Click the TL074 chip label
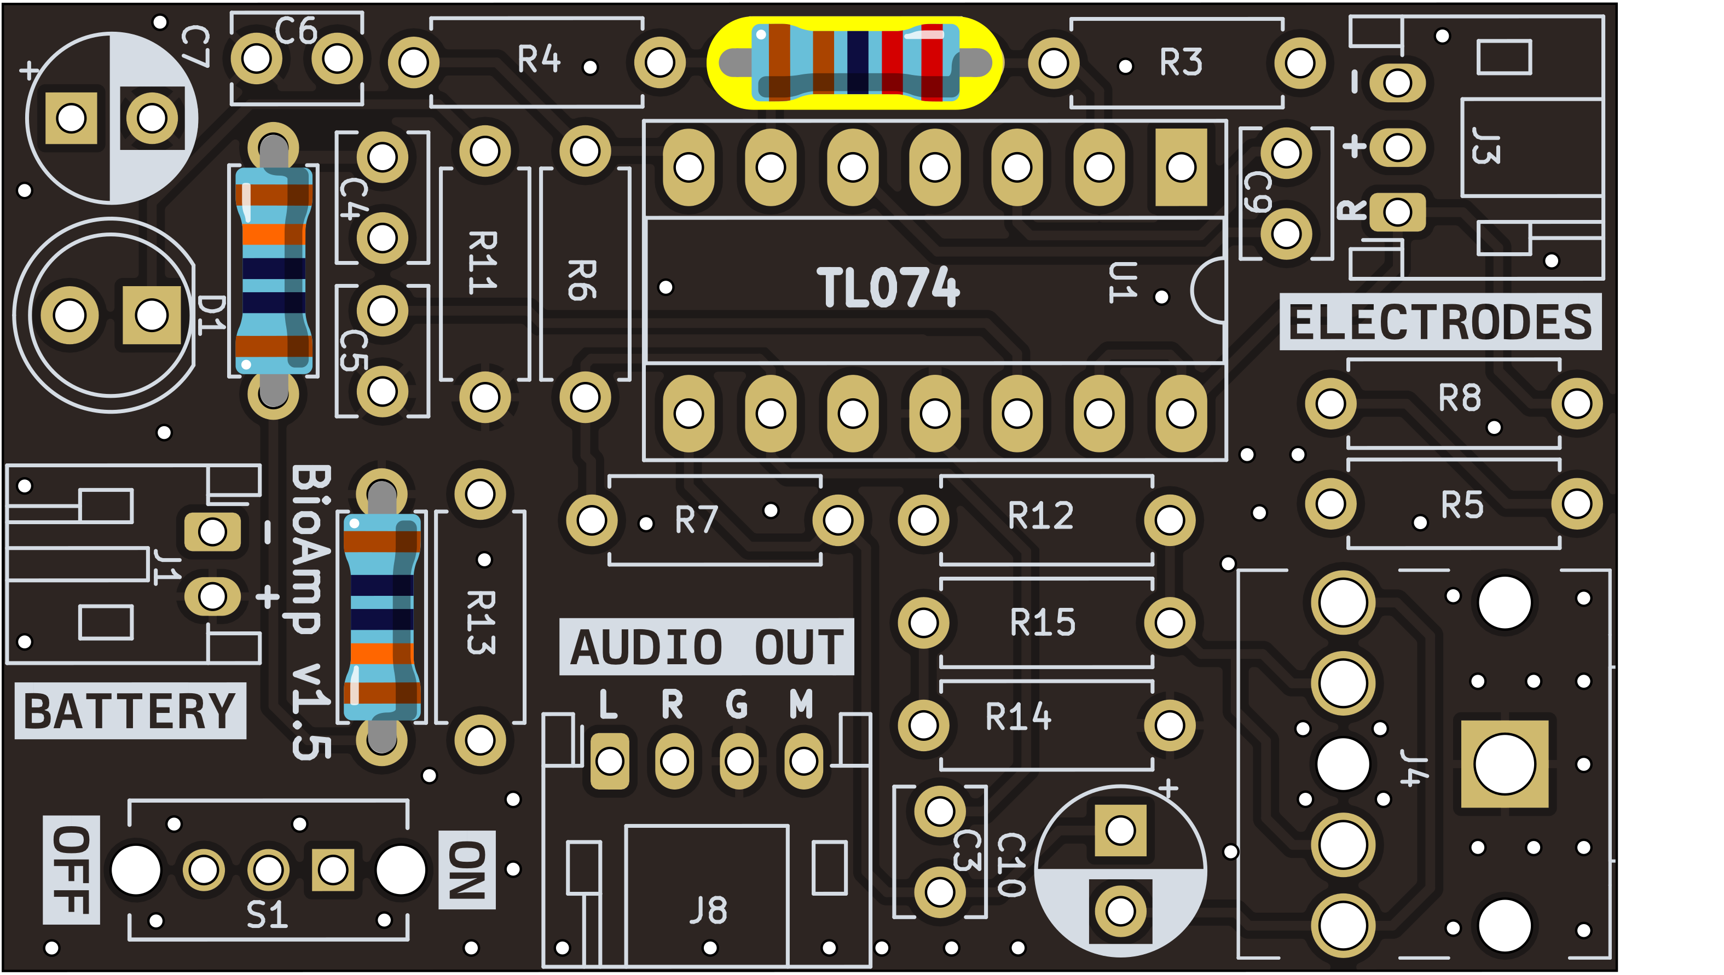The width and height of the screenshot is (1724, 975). [888, 288]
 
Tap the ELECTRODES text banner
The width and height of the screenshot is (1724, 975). [1440, 322]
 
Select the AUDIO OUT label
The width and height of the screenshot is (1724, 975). [706, 648]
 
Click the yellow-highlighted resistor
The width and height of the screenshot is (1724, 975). [855, 63]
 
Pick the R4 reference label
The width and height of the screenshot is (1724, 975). [539, 60]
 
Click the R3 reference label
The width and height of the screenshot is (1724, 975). [1181, 63]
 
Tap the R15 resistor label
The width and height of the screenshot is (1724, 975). [1042, 623]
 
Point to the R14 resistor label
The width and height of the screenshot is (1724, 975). [1018, 717]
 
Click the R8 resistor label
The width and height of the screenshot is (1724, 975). [1460, 398]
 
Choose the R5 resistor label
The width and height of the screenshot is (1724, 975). [1462, 505]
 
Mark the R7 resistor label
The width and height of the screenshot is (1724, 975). [697, 520]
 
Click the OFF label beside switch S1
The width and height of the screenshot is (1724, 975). [71, 870]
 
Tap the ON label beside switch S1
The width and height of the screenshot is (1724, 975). [467, 870]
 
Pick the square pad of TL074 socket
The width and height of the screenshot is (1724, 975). [1181, 167]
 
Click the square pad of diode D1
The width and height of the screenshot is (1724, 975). [152, 315]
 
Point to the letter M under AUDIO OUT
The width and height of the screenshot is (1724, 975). [801, 705]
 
